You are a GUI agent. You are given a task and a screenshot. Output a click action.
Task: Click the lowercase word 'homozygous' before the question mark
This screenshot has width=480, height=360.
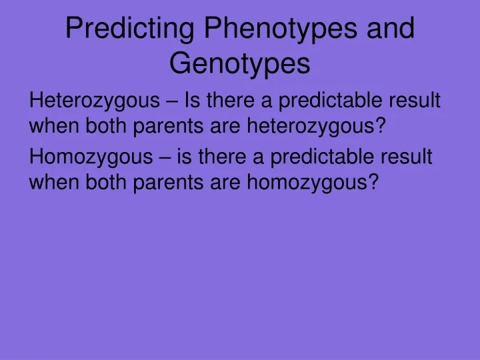click(305, 181)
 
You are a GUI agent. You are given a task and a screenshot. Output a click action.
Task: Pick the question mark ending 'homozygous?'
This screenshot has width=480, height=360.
click(373, 181)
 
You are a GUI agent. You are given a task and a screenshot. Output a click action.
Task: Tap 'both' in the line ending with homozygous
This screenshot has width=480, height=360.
click(108, 181)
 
